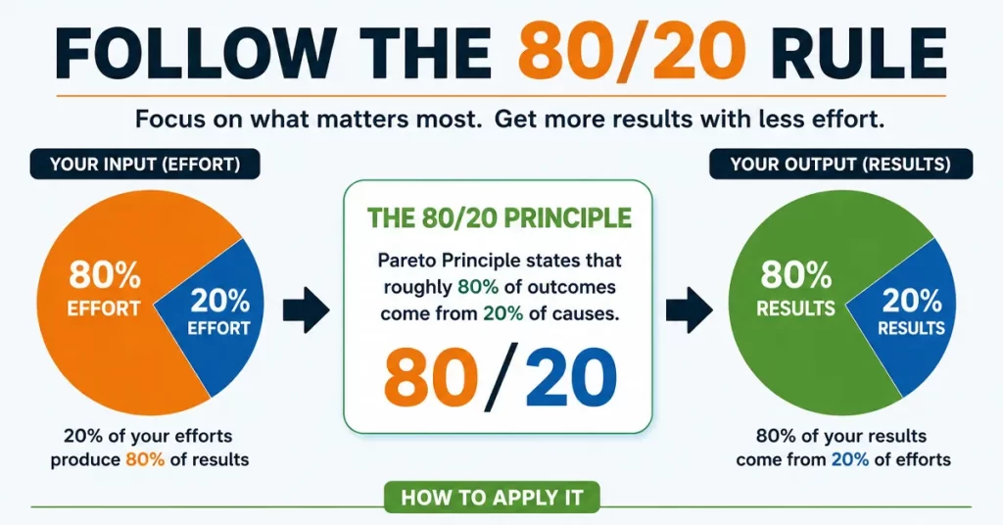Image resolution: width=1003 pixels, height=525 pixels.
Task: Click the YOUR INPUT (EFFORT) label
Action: point(145,165)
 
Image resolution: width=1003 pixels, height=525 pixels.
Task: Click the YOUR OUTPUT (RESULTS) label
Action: point(840,165)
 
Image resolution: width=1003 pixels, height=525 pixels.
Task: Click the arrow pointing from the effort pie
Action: point(306,310)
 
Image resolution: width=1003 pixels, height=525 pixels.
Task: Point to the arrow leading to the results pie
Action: point(689,310)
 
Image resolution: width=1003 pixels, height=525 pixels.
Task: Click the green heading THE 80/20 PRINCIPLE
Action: point(499,218)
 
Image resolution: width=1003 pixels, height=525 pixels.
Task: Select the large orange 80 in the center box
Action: point(431,377)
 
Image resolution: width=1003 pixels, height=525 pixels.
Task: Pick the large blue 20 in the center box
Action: point(571,377)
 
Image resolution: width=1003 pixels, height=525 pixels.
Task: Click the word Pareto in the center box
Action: point(406,261)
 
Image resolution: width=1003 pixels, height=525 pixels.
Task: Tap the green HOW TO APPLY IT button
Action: point(492,498)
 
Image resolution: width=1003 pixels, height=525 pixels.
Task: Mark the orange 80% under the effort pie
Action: point(145,459)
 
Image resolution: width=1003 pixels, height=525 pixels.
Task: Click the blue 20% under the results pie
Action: point(850,459)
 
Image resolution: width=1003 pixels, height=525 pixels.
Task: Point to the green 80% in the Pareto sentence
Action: point(478,287)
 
